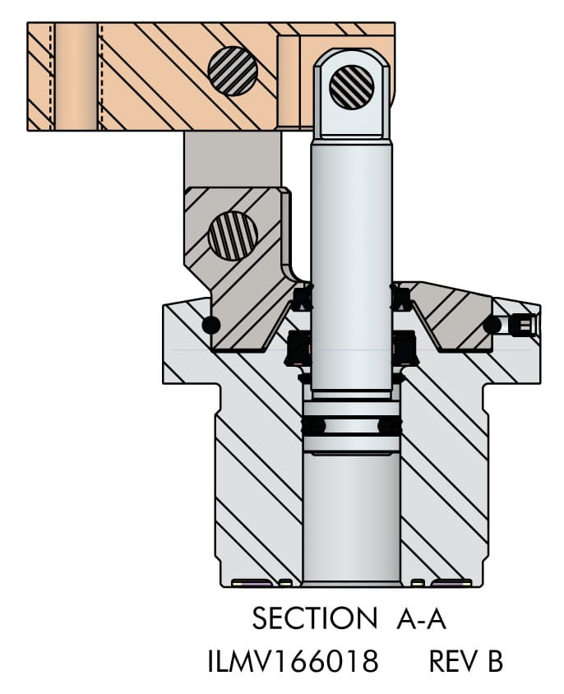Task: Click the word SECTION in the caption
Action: point(313,618)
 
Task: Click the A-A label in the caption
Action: point(421,618)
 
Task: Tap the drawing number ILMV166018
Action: point(294,660)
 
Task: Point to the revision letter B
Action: point(494,660)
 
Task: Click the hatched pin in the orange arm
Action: point(233,70)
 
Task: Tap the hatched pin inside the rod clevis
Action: point(352,85)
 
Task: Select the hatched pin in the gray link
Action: point(233,235)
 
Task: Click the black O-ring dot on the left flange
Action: point(210,325)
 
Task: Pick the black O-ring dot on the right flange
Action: point(492,325)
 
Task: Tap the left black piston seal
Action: point(313,426)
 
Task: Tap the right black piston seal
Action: point(390,426)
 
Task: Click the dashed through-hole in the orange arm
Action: point(76,76)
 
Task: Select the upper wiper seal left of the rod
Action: point(303,296)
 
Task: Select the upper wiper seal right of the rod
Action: point(400,296)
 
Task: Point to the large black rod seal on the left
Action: point(298,349)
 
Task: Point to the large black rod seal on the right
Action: point(406,349)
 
